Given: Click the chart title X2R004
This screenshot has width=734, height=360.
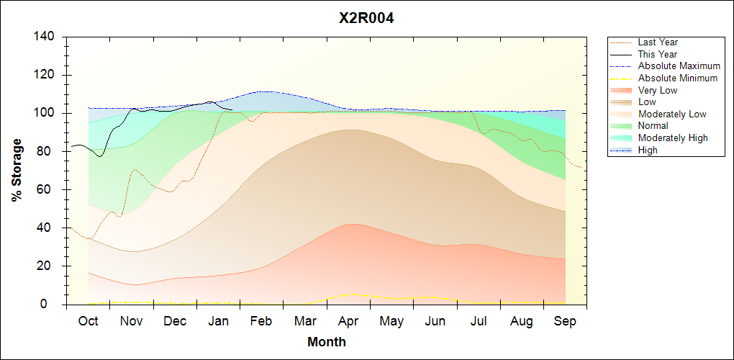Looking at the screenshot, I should click(x=366, y=19).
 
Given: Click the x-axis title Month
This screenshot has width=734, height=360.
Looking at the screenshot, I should click(x=327, y=342).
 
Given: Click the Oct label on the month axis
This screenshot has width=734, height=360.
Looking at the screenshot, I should click(x=88, y=321).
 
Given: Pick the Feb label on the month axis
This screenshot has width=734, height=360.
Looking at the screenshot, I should click(x=261, y=321).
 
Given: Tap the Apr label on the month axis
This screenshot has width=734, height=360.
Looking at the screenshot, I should click(x=349, y=321).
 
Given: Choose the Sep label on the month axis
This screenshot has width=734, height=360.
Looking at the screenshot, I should click(x=565, y=321).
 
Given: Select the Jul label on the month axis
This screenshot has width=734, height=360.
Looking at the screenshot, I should click(x=479, y=321).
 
